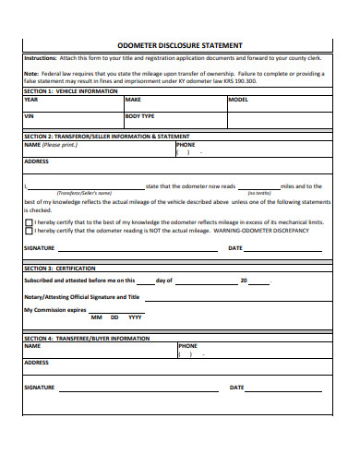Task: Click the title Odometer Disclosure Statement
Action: [x=180, y=44]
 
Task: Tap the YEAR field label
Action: [x=31, y=99]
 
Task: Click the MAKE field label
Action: [x=133, y=99]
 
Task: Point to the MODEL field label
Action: [x=238, y=99]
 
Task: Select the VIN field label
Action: [x=29, y=117]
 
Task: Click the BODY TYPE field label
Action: [x=141, y=117]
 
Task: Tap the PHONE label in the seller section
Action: [x=186, y=144]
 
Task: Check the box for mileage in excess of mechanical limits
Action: [x=29, y=222]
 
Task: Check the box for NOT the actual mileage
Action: [x=29, y=231]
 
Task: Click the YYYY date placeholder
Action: [x=135, y=317]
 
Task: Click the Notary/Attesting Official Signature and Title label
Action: [x=81, y=297]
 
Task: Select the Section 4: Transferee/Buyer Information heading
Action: [x=86, y=339]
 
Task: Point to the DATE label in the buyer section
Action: [x=236, y=388]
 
